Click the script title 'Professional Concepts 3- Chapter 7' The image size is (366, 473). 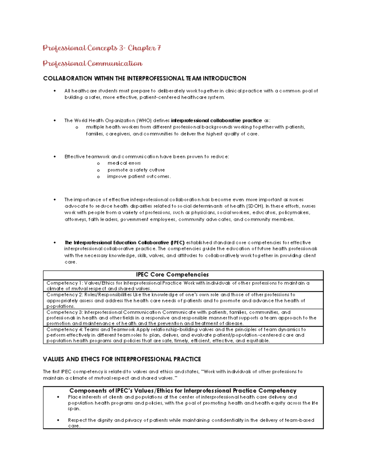[x=102, y=48]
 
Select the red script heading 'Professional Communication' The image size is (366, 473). [x=92, y=63]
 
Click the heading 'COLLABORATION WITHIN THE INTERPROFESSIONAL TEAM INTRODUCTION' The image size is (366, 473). [x=145, y=79]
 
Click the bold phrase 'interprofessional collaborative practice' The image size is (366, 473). [x=216, y=120]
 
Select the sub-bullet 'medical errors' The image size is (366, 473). [x=124, y=163]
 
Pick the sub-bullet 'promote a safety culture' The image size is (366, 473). [x=136, y=170]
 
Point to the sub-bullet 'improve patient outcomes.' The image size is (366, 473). [x=139, y=177]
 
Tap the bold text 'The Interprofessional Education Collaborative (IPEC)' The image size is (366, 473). [x=124, y=243]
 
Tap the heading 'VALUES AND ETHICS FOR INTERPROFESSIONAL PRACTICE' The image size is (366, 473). [x=122, y=359]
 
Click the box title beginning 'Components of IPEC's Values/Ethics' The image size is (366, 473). [x=183, y=391]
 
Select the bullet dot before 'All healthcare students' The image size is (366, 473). [x=55, y=91]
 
